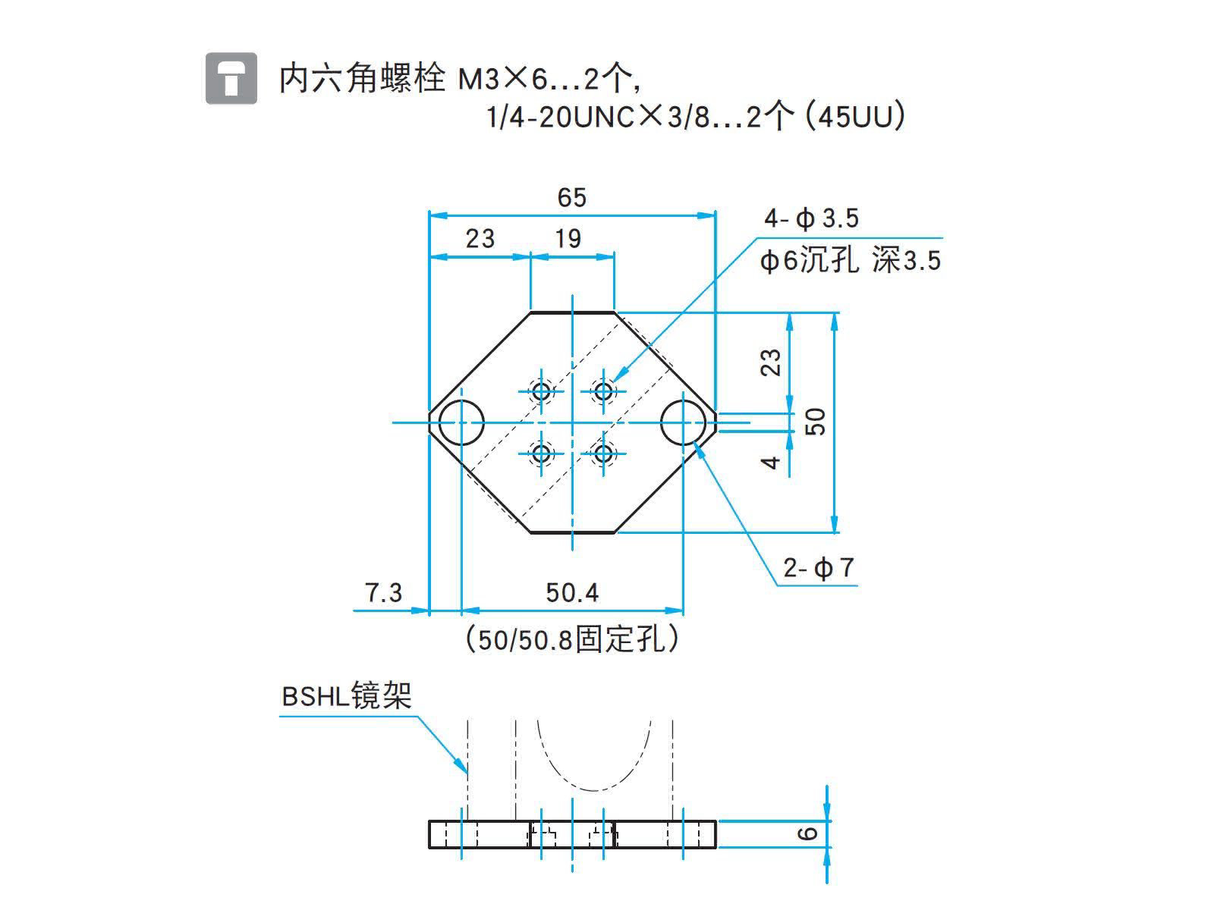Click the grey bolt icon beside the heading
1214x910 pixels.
click(x=231, y=78)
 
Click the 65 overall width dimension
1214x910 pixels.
click(x=571, y=198)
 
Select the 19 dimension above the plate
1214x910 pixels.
click(x=568, y=239)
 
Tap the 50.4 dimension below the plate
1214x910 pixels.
click(x=572, y=592)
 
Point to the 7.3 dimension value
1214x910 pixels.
click(x=384, y=592)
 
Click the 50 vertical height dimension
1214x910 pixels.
click(x=816, y=421)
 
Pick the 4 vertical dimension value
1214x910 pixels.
click(x=771, y=462)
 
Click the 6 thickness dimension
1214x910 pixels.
click(x=809, y=833)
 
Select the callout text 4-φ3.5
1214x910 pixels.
click(x=811, y=219)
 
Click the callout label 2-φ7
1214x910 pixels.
click(x=819, y=567)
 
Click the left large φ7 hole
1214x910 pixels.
click(x=461, y=422)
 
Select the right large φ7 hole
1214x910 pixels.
click(x=684, y=422)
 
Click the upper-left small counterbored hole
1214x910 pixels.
click(x=541, y=391)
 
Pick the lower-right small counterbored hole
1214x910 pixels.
click(x=604, y=454)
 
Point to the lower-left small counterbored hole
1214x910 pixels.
click(x=541, y=454)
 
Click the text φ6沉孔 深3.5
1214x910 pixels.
click(x=850, y=261)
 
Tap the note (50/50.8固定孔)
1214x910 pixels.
click(x=572, y=639)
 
